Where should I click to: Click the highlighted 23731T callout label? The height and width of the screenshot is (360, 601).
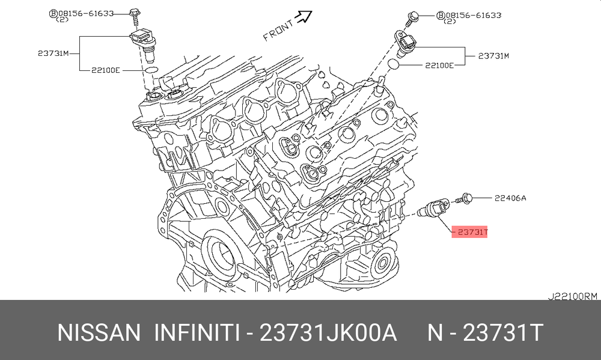469,231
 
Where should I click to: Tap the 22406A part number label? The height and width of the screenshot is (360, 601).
510,198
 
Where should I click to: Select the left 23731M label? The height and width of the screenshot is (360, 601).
53,53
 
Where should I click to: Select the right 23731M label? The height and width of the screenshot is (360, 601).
493,56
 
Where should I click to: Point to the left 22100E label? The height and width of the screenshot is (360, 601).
105,70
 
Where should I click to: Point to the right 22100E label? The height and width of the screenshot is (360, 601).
439,65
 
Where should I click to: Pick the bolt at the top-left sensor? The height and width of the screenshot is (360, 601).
135,16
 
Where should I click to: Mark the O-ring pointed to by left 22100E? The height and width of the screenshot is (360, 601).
151,70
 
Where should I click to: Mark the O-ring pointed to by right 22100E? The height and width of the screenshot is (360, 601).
394,64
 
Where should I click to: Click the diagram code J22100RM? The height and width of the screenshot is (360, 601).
572,296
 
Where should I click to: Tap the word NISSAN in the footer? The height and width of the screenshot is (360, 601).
99,332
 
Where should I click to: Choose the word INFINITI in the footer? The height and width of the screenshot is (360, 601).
197,332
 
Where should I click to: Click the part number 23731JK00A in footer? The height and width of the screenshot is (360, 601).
328,332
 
